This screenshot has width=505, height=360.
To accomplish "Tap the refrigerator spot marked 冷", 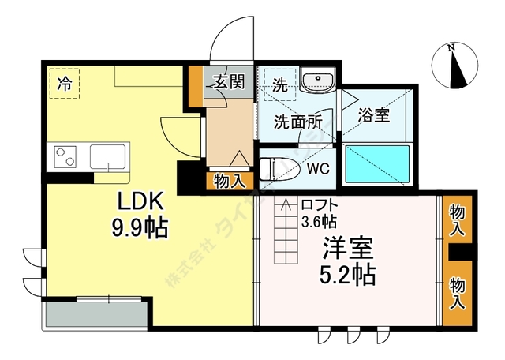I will coord(65,83).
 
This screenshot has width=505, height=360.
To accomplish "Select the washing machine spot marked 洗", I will coord(279,83).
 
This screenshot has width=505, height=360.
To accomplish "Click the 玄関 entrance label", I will coord(228,81).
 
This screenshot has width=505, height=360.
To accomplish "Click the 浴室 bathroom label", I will coord(373,115).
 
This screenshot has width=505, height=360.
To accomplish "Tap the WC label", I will coord(318,168).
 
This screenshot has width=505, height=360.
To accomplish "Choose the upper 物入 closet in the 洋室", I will coord(457,220).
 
